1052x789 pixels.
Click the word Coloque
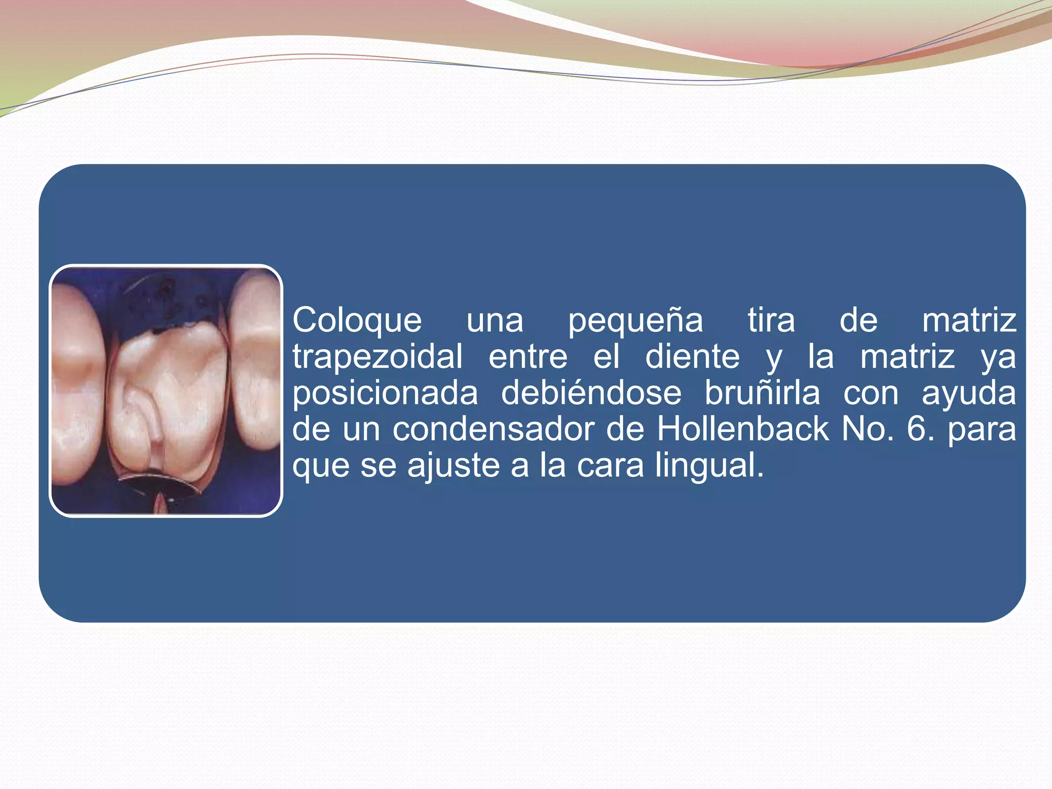[357, 321]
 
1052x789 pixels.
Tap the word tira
[771, 321]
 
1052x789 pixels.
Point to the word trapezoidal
[378, 358]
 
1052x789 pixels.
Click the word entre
[528, 358]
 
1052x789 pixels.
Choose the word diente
[692, 358]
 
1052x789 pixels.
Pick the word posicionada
[385, 394]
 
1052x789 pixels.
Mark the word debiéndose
[591, 393]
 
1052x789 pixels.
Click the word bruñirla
[762, 393]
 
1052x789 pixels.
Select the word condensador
[494, 429]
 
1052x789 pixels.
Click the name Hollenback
[743, 429]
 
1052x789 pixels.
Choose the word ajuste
[454, 466]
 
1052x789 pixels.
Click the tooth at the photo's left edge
[77, 385]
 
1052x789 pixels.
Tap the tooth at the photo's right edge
[257, 360]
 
